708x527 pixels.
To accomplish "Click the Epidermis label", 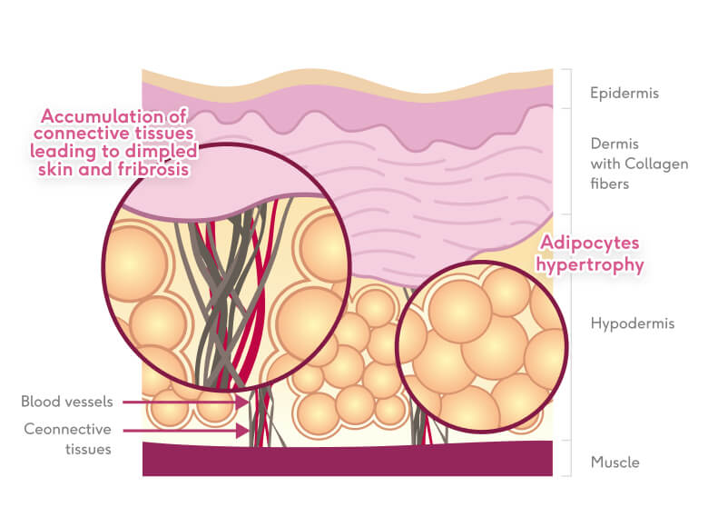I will tap(624, 93).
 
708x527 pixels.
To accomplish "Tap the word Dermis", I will tap(615, 144).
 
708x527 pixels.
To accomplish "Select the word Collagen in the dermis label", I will tap(654, 164).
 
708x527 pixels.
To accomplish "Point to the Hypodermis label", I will tap(633, 323).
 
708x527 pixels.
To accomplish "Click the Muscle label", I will tap(615, 462).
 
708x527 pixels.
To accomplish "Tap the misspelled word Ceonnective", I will tap(68, 429).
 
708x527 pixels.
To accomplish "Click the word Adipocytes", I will tap(591, 244).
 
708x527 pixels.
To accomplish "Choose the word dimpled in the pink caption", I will tap(166, 151).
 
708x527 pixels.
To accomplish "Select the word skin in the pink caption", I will tap(61, 170).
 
